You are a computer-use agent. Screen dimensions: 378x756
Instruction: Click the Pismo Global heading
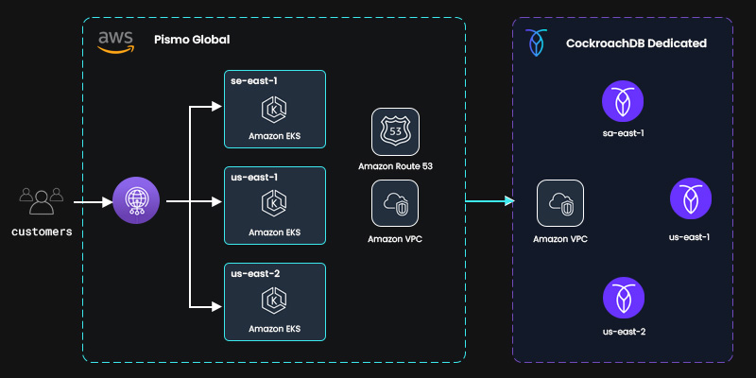[192, 40]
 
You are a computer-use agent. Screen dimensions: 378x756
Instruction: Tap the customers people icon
[41, 201]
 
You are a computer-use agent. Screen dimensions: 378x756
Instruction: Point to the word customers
[42, 231]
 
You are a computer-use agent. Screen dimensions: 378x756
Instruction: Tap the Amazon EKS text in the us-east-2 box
[274, 329]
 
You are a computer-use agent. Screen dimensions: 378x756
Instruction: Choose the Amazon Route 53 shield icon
[395, 133]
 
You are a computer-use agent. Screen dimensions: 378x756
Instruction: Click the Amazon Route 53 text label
[395, 166]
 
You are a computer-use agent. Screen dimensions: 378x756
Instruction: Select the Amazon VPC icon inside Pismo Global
[395, 203]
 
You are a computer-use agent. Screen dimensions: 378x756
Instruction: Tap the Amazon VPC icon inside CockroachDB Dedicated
[560, 203]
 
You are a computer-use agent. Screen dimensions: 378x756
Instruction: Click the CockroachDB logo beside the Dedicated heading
[537, 43]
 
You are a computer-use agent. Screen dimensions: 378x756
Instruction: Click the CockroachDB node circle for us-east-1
[689, 200]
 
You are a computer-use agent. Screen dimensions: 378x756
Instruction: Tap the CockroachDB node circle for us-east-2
[623, 298]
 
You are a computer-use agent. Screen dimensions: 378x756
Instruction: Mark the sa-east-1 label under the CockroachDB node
[623, 133]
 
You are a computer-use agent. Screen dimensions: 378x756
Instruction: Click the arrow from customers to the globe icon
[93, 201]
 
